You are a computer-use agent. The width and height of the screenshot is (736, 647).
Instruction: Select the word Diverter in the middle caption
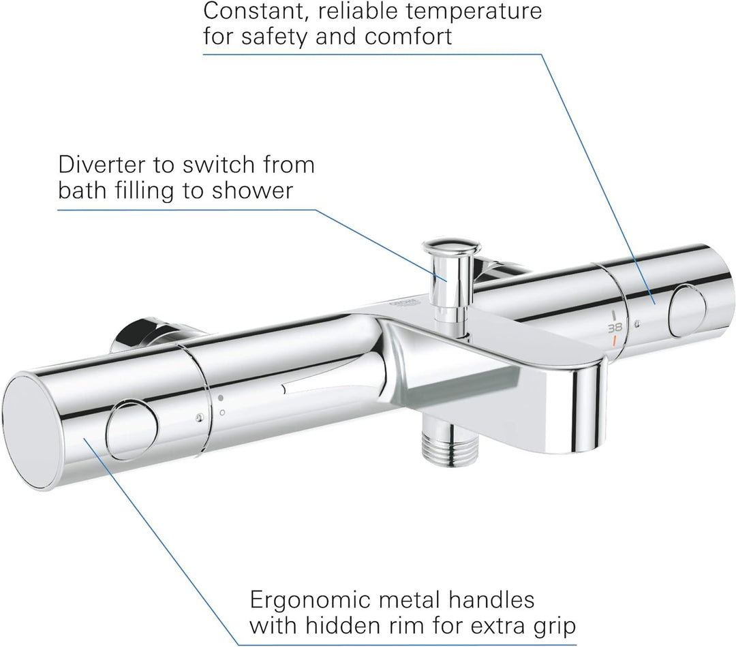point(103,165)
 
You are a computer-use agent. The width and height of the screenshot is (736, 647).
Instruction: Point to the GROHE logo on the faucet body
point(403,303)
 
